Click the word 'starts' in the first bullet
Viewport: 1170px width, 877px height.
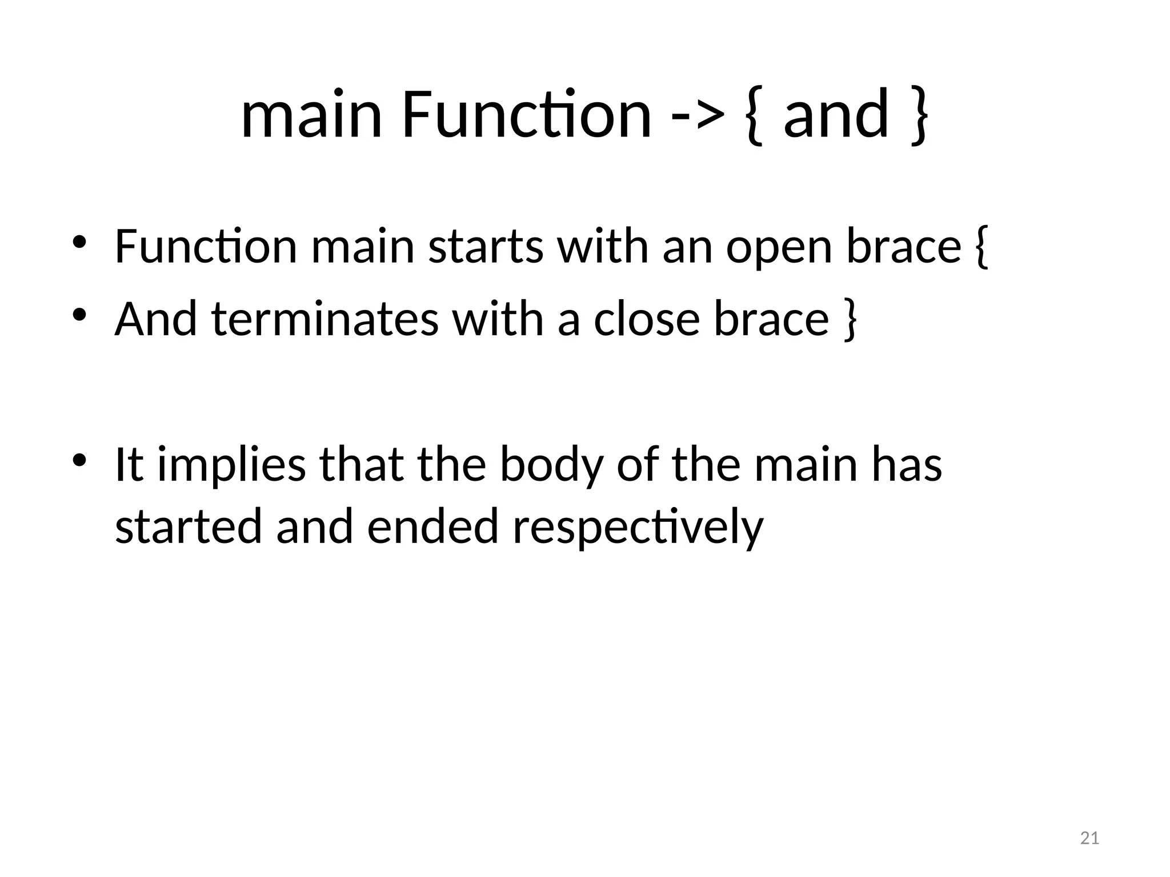point(486,247)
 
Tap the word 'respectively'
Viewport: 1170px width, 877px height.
point(638,526)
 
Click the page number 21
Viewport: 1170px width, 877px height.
point(1090,838)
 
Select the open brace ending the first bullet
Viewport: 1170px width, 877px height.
point(980,247)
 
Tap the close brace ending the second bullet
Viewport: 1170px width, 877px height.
point(850,320)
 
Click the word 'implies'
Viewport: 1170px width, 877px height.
point(232,465)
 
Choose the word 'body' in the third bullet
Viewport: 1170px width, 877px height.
point(551,465)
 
